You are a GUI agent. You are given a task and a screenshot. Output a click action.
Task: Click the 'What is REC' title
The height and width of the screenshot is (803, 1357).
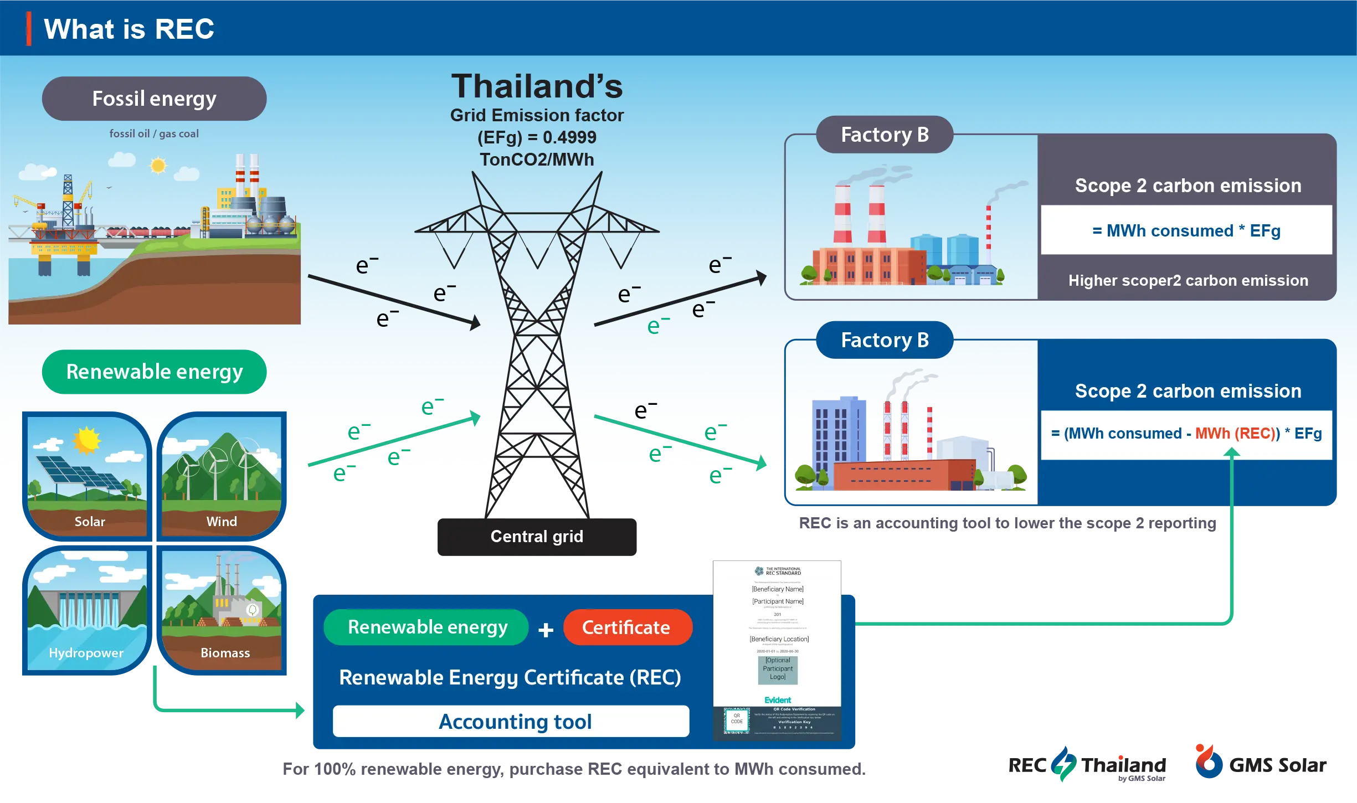(128, 29)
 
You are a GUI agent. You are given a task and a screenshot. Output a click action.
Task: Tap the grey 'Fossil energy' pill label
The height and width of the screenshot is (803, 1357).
(154, 99)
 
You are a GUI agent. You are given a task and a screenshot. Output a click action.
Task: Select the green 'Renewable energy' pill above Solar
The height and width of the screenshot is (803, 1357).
(154, 372)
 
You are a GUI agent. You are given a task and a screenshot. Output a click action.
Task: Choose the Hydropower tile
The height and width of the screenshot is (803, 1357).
(86, 609)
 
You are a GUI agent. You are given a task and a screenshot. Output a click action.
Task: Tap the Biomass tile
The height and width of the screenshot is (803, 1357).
(223, 609)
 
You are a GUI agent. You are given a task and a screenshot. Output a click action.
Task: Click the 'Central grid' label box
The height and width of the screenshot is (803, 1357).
(536, 536)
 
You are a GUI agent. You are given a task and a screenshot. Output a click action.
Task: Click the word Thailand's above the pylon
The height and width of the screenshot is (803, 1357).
(536, 86)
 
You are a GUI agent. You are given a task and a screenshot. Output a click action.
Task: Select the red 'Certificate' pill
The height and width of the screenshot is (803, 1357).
(626, 627)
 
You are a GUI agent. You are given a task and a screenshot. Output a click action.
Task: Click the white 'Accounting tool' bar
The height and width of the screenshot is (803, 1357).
(511, 722)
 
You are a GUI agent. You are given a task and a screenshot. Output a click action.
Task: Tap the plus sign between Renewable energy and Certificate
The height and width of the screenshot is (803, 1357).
(546, 630)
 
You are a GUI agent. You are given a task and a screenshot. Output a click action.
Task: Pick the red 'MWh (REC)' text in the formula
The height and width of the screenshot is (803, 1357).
(1237, 434)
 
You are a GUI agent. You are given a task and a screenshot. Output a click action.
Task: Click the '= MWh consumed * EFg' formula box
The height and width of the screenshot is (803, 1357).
(1186, 230)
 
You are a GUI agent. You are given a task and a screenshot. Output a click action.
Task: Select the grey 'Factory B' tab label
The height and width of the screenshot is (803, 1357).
(884, 135)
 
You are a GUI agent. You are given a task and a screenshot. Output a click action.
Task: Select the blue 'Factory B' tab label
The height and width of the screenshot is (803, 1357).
(884, 340)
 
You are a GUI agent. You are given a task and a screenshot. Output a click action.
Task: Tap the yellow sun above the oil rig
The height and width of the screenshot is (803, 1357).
(158, 165)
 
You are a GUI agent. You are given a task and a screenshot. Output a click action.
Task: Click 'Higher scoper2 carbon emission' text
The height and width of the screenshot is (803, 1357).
(1188, 281)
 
